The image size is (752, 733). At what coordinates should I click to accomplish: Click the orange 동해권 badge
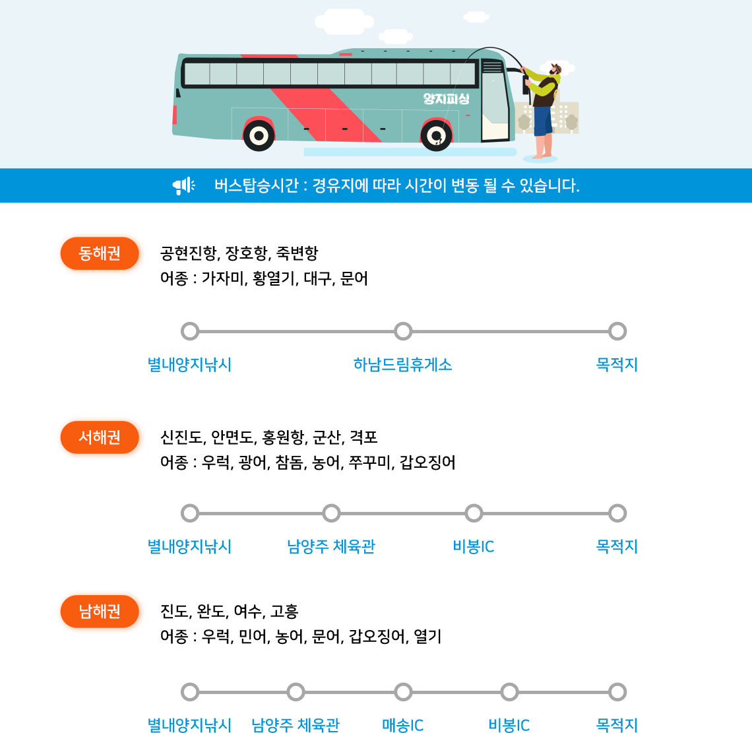(100, 253)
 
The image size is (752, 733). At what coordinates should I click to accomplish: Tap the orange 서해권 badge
(100, 437)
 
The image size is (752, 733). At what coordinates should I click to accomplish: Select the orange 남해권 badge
(100, 611)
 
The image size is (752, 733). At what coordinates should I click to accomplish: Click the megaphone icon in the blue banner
(183, 185)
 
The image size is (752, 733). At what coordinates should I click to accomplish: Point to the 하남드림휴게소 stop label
(403, 365)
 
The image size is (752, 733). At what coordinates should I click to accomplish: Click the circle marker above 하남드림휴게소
(403, 331)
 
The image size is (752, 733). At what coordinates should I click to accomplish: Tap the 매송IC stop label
(403, 725)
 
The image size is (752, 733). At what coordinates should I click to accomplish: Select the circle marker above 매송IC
(403, 691)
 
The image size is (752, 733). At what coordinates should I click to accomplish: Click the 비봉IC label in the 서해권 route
(474, 546)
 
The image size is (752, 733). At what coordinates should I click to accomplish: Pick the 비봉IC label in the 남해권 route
(509, 725)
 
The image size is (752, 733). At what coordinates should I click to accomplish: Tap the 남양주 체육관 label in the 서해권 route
(331, 546)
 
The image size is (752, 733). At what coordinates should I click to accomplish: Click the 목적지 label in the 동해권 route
(617, 365)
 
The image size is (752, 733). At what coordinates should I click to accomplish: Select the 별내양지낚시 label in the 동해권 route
(189, 365)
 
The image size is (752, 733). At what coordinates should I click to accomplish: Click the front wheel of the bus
(436, 135)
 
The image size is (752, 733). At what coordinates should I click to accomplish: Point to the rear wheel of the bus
(259, 136)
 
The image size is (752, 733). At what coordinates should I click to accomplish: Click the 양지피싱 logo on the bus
(446, 99)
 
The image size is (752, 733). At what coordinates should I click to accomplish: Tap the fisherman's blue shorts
(543, 121)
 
